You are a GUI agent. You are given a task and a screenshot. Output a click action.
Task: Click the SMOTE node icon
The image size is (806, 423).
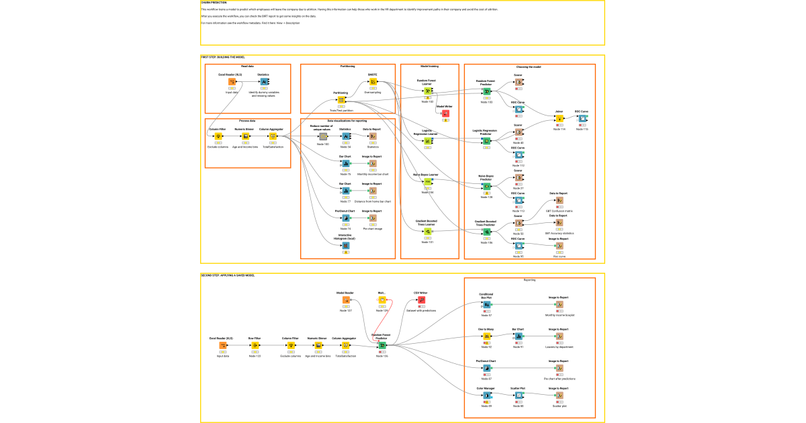(373, 82)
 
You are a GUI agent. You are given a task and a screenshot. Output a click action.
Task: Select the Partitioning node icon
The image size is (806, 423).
(341, 100)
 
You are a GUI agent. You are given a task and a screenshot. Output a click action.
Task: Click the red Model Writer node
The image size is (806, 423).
(445, 113)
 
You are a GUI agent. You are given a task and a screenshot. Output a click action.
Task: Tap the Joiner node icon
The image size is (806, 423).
(559, 119)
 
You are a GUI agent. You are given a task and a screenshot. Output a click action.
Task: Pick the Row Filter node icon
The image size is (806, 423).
(255, 346)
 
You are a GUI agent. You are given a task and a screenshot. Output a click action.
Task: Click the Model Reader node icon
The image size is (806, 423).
(345, 300)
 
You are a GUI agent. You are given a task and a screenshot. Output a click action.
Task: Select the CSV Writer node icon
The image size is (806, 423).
(421, 300)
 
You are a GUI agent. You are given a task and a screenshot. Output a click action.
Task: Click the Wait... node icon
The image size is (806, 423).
(382, 300)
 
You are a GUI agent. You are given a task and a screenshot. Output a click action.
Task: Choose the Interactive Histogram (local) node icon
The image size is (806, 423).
(345, 245)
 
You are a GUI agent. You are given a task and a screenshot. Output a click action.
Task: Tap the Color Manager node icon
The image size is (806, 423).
(486, 395)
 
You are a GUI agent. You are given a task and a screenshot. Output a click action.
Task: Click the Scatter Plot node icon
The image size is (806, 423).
(518, 395)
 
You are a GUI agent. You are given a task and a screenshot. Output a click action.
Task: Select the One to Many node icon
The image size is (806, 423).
(486, 336)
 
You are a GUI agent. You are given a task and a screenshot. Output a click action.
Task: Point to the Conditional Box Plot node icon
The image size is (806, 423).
(486, 305)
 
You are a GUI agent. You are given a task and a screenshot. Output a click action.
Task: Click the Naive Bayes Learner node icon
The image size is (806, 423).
(427, 181)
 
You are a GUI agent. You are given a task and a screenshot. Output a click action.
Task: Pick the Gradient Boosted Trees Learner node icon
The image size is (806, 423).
(427, 232)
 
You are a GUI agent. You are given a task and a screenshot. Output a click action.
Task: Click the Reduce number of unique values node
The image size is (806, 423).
(323, 136)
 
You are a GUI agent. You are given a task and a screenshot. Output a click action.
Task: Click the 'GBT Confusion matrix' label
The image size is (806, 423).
(559, 211)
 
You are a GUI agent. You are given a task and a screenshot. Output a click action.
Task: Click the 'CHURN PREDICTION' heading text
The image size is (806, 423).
(214, 3)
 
